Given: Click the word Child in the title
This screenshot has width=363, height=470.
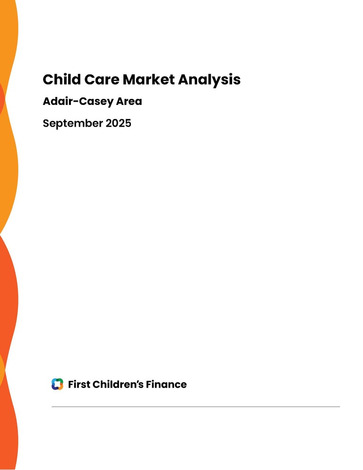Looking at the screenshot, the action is click(62, 79).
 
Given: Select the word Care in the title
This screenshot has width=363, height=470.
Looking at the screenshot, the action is click(102, 80).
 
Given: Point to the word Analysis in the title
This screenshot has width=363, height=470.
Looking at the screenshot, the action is click(209, 80).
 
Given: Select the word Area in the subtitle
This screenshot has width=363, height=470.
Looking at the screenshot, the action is click(129, 101).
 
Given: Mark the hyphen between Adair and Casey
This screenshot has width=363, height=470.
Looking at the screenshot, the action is click(76, 102).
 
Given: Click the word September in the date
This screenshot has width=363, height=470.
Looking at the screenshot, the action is click(73, 124).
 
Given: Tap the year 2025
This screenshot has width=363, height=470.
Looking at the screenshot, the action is click(119, 123).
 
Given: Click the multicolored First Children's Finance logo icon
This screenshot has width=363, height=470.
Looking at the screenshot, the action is click(57, 384).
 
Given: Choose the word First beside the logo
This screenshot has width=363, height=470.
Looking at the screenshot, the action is click(79, 384).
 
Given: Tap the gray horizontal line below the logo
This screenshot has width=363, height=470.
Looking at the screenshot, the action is click(196, 407).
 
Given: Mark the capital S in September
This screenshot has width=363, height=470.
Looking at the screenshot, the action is click(46, 123).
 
